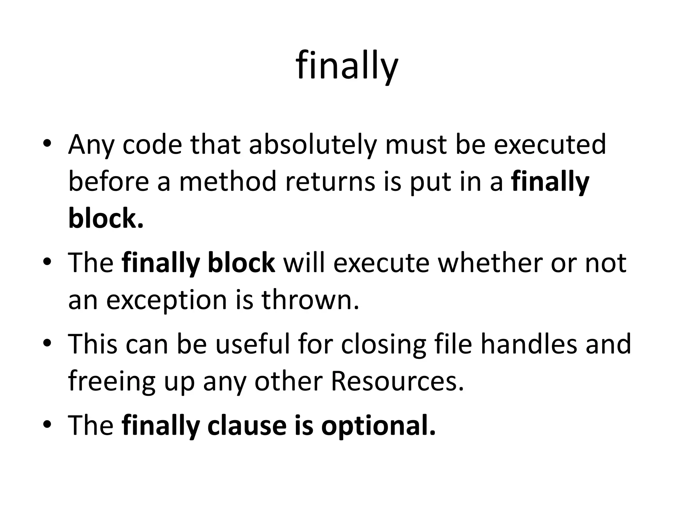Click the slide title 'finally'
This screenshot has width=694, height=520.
(347, 66)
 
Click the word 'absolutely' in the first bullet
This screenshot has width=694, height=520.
(313, 145)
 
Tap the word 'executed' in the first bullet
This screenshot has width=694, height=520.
(549, 145)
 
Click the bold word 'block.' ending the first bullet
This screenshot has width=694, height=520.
(106, 218)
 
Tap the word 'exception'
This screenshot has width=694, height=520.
(166, 301)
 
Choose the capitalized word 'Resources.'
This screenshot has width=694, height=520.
(397, 382)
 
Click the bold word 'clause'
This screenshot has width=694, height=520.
(247, 426)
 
